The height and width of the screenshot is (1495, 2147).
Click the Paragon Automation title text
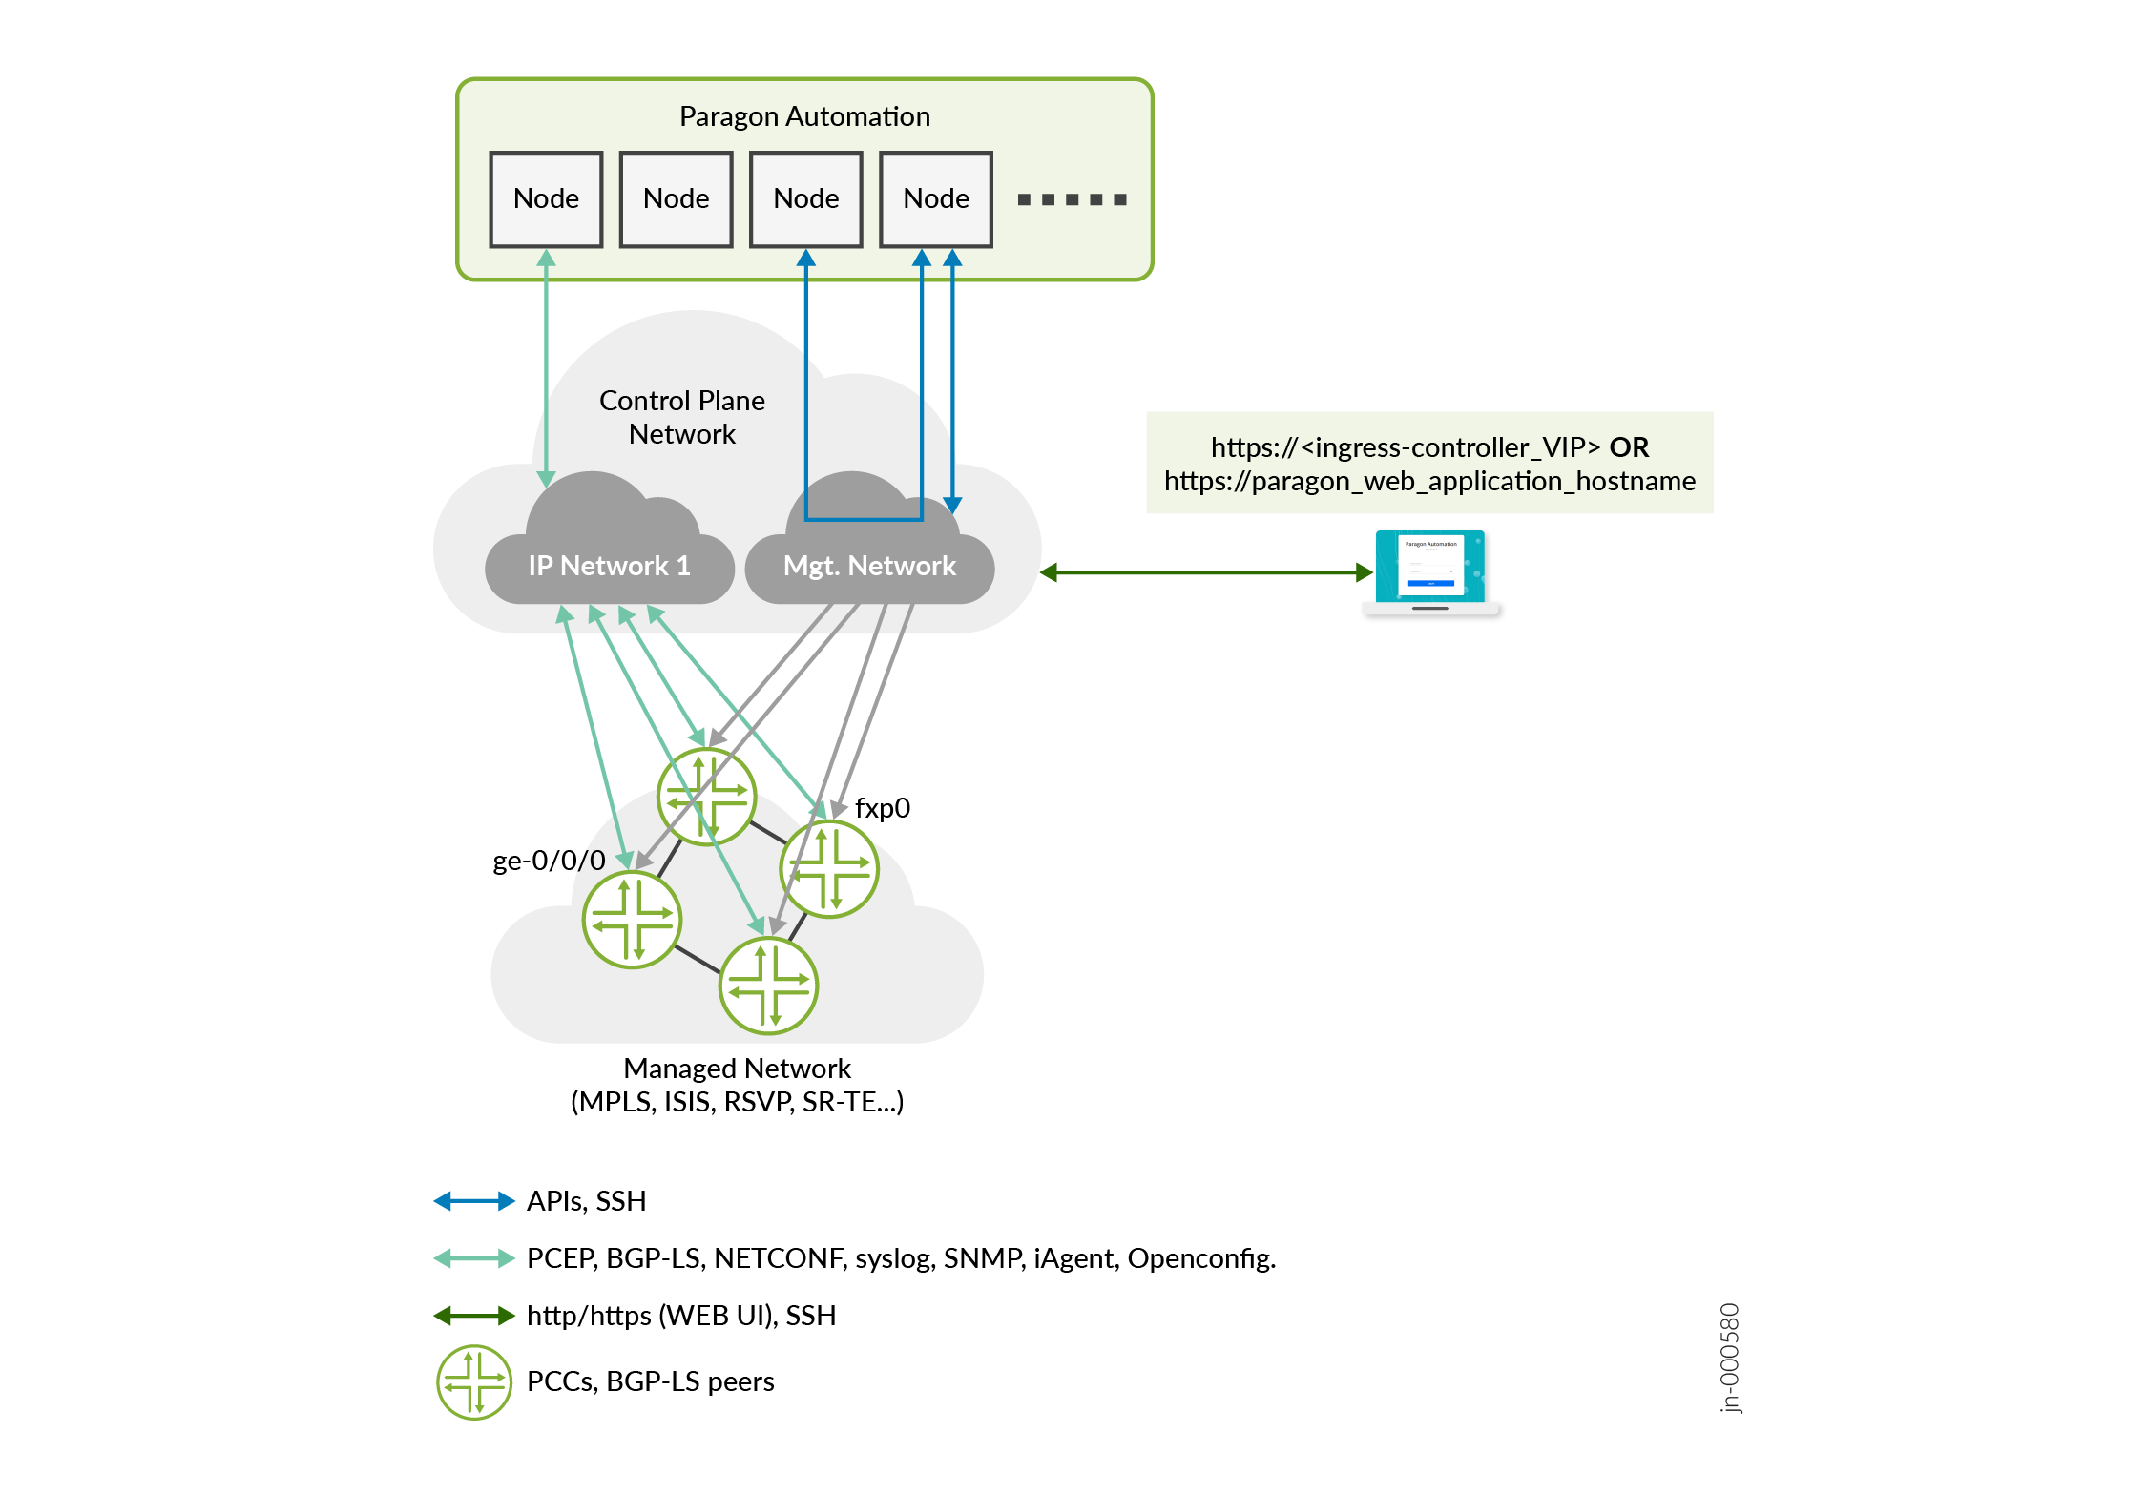(803, 116)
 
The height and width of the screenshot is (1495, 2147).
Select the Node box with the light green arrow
(546, 199)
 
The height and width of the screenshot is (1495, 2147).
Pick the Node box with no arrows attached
(676, 199)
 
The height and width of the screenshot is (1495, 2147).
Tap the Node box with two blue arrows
(935, 199)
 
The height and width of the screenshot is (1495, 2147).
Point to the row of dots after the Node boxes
(1072, 199)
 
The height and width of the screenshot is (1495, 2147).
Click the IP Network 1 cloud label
(609, 566)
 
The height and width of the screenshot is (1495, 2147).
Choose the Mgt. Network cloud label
(868, 566)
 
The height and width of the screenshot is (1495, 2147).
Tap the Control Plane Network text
(681, 417)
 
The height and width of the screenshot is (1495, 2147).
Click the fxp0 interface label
(882, 808)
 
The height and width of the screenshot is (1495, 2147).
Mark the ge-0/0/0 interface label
(549, 861)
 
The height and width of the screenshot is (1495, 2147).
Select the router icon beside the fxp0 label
(828, 869)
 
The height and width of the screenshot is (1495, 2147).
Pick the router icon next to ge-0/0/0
(632, 920)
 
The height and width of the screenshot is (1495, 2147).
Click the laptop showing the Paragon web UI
(1429, 571)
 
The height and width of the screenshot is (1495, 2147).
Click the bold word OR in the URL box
(1629, 447)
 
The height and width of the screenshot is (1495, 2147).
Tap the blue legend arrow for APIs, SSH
(473, 1201)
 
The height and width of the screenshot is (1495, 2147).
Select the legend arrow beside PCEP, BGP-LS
(473, 1258)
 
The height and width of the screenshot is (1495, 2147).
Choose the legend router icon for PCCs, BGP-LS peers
(473, 1381)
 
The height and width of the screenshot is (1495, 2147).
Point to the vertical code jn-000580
(1729, 1358)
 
